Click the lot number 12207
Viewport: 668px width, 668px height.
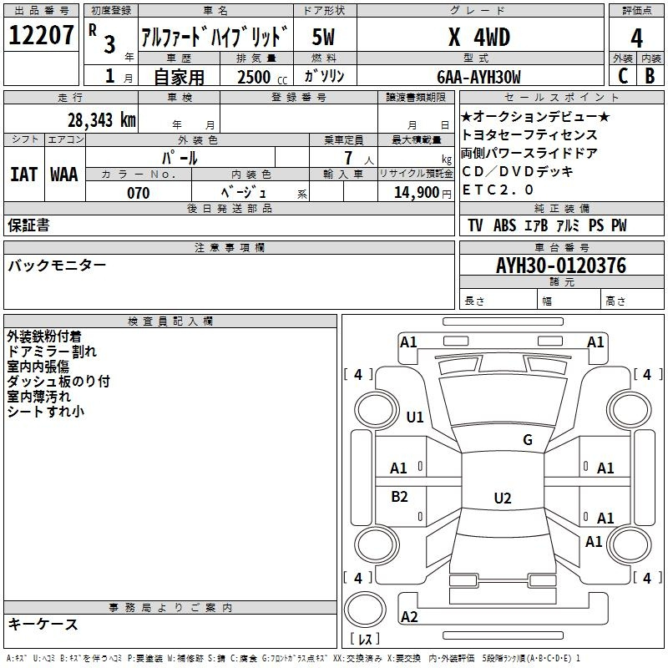[41, 35]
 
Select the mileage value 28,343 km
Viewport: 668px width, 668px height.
[102, 120]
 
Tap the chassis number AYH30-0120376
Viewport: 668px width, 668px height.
[561, 266]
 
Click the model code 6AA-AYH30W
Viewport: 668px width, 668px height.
[478, 77]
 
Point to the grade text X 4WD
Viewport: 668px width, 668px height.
[479, 37]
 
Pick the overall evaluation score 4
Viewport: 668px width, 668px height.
[636, 38]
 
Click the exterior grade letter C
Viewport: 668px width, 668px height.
[623, 76]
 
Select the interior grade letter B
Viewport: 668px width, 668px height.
[650, 76]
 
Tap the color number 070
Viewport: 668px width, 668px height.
[139, 193]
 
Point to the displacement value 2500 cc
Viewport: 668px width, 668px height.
[262, 77]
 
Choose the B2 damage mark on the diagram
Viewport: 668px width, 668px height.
[399, 496]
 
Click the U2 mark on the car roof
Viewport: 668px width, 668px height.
[503, 498]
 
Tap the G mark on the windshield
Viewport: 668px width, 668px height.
[528, 440]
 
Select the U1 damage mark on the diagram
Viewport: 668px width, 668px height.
[415, 417]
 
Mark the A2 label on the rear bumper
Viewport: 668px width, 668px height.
[409, 616]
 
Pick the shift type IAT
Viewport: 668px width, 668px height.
[23, 175]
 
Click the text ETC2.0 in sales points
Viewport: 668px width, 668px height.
[498, 190]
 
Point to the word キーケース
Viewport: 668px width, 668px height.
[43, 624]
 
